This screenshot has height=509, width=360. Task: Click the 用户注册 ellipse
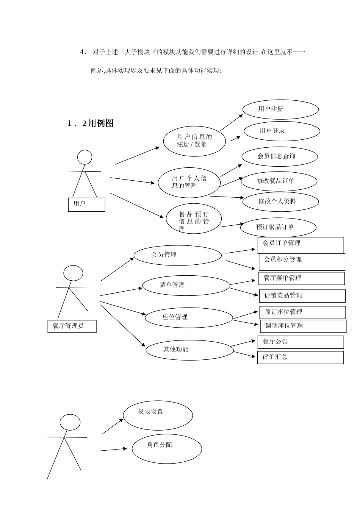[280, 109]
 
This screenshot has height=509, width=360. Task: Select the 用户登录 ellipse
[282, 131]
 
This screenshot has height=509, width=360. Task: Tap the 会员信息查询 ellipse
[280, 156]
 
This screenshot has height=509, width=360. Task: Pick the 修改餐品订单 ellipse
[279, 181]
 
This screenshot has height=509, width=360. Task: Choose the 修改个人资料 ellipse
[280, 201]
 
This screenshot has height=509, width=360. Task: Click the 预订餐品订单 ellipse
[278, 227]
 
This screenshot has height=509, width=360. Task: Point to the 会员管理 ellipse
[177, 255]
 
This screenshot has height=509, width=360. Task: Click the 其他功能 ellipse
[189, 350]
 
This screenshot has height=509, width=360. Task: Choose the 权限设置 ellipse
[158, 415]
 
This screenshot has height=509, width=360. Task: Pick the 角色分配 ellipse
[167, 449]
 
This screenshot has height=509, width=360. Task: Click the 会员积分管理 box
[302, 262]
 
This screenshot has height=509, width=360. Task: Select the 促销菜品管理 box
[302, 296]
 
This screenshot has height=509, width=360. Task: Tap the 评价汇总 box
[300, 358]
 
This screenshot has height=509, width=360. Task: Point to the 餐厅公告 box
[301, 342]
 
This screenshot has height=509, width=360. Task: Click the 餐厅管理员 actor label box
[72, 326]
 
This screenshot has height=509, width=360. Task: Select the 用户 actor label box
[86, 205]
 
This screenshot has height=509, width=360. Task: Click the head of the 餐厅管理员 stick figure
[73, 273]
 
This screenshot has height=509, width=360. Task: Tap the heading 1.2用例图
[91, 123]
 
